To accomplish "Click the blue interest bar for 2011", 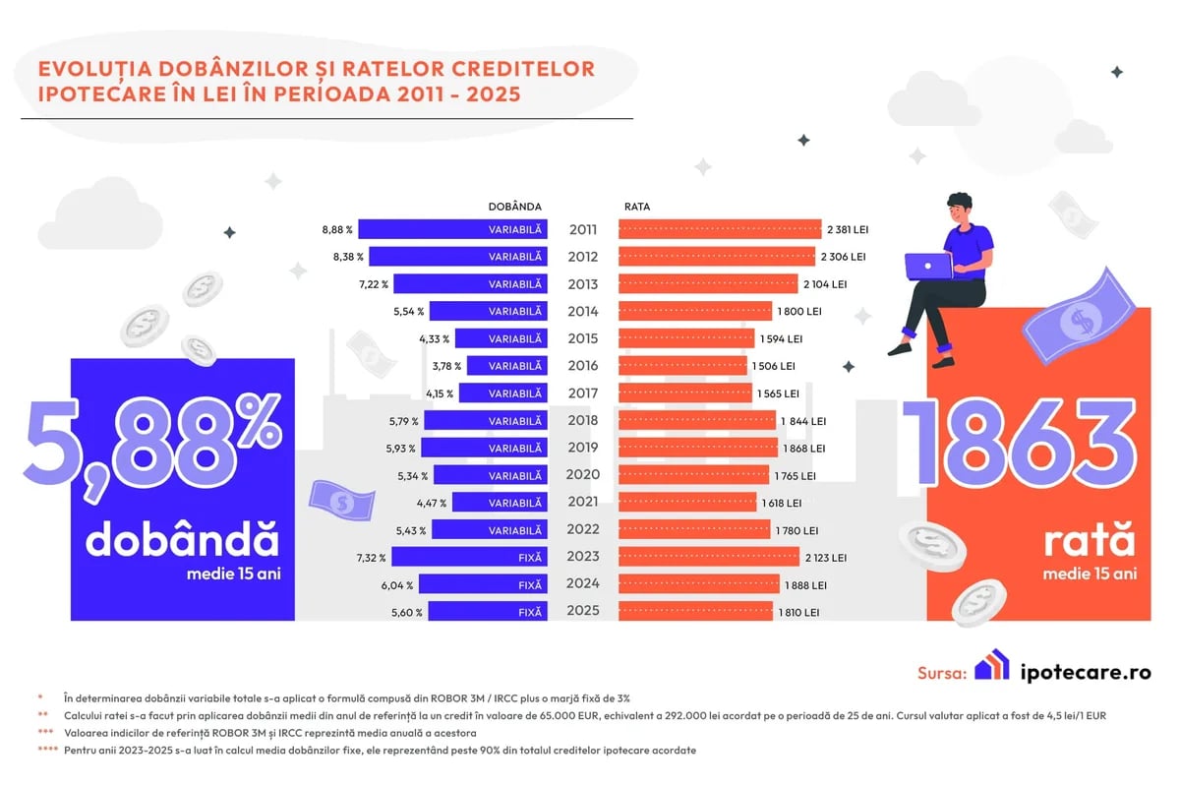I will [x=452, y=229].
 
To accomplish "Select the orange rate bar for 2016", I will [x=682, y=366].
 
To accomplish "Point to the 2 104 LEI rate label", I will [x=824, y=284].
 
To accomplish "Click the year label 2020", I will [x=583, y=475].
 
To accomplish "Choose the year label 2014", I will [x=583, y=312].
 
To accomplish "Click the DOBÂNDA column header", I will [x=514, y=207].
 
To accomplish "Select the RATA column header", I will [x=637, y=207].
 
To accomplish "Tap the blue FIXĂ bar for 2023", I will [x=469, y=557].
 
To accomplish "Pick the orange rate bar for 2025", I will [x=703, y=612].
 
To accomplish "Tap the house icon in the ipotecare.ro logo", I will [x=991, y=666].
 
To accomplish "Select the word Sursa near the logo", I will [x=942, y=673].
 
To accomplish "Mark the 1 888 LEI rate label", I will [x=805, y=584].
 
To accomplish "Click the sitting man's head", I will [x=959, y=210].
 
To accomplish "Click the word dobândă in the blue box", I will [x=182, y=541].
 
